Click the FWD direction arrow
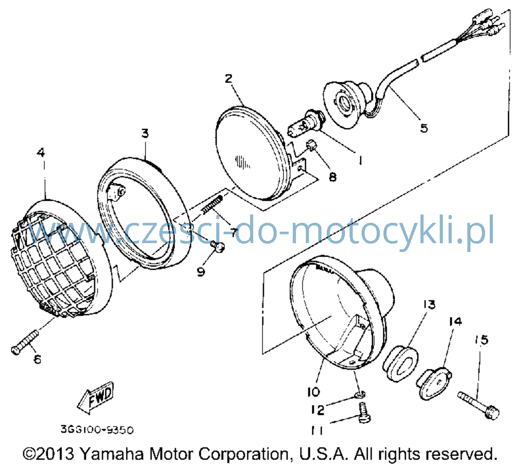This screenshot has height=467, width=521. click(x=96, y=397)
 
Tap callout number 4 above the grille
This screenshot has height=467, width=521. click(x=40, y=153)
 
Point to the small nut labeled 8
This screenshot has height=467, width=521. click(x=312, y=145)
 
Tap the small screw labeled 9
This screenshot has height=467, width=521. click(x=218, y=247)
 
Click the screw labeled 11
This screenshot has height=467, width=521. click(x=364, y=412)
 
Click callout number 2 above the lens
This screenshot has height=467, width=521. click(x=229, y=79)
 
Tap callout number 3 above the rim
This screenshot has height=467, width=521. click(x=145, y=133)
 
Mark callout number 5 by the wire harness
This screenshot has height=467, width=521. click(x=424, y=128)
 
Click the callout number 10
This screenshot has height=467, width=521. click(x=313, y=392)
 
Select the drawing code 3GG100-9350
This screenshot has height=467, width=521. click(x=97, y=430)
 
